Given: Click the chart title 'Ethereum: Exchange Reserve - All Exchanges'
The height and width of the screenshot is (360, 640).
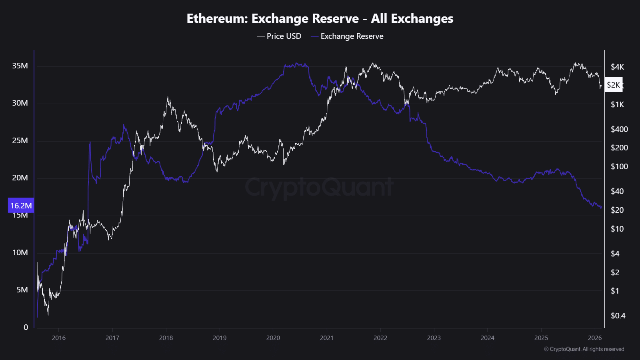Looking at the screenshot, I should tap(320, 18).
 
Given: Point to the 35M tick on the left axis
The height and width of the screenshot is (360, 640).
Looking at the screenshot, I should tap(20, 66).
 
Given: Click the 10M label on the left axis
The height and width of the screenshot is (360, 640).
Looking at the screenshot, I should tap(20, 252).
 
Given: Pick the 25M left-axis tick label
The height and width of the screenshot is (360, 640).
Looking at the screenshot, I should tap(20, 140).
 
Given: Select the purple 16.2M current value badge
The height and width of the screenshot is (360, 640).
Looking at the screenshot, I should tap(21, 206).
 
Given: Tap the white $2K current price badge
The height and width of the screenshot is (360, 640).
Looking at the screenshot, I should tap(614, 85).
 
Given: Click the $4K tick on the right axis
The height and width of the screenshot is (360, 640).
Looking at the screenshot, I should tap(617, 67).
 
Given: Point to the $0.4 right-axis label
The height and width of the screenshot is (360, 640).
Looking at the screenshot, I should tap(618, 316).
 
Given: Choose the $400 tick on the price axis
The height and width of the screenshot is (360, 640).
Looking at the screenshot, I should tap(619, 129).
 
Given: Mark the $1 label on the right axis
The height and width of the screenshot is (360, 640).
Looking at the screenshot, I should tap(615, 291).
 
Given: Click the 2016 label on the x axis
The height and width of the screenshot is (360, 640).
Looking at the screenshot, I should tap(59, 338).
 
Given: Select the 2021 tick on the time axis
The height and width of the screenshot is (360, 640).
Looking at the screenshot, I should tap(327, 338).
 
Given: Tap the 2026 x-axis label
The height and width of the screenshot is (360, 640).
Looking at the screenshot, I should tap(595, 338).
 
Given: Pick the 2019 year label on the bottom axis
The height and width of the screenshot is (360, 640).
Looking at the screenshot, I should tap(220, 338).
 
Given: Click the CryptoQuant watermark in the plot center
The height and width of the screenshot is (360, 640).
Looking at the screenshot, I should tap(319, 187).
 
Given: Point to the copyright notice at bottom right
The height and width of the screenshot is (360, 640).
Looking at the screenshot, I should tap(584, 349).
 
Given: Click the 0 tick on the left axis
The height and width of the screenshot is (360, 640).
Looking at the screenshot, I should tap(26, 327).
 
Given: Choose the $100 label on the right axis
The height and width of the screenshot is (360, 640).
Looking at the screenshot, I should tap(619, 166).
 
